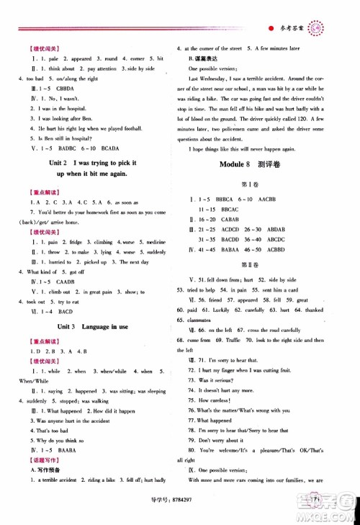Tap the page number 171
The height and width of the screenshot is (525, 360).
315,500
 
